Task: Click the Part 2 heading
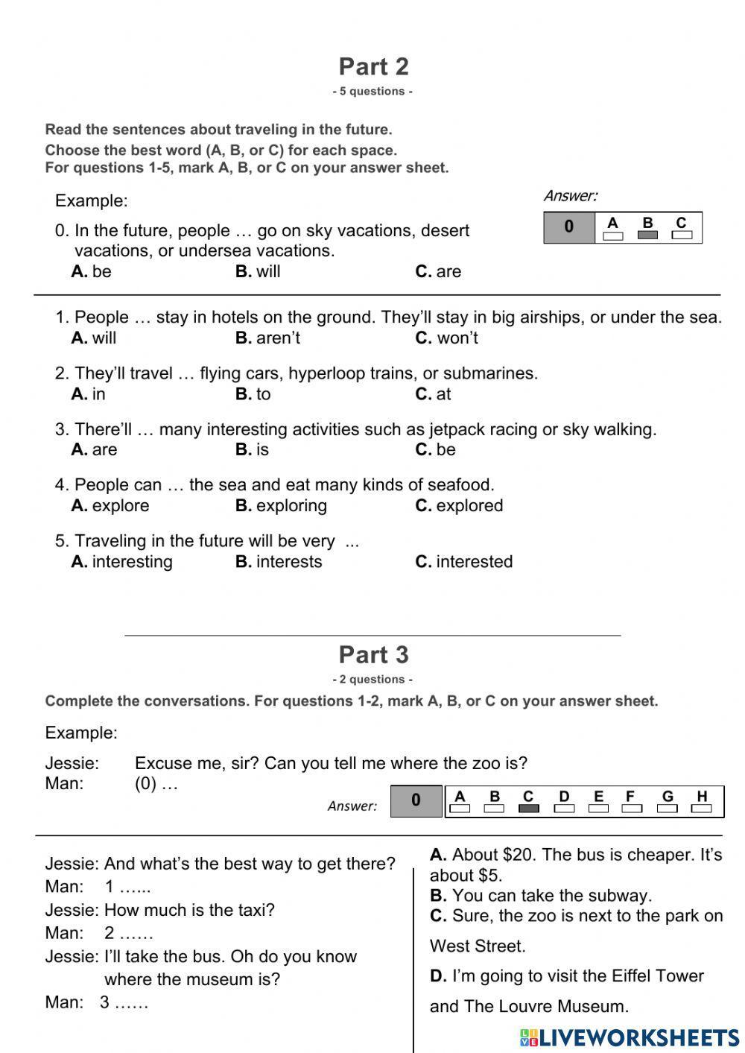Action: click(x=373, y=66)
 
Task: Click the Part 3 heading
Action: click(x=373, y=654)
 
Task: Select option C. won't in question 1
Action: click(x=446, y=338)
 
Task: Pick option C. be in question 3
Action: click(x=435, y=449)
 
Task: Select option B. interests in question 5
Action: click(x=279, y=562)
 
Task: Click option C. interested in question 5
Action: click(x=463, y=562)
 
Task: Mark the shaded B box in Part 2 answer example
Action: click(x=647, y=235)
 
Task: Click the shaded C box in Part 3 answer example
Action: click(x=528, y=809)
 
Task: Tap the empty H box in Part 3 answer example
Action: click(x=701, y=809)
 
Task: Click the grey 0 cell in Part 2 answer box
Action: click(x=569, y=227)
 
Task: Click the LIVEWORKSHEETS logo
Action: click(x=630, y=1037)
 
